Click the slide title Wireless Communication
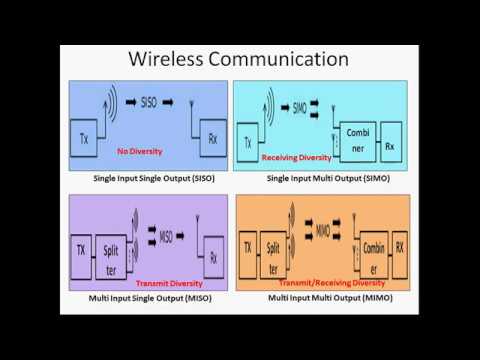[x=239, y=59]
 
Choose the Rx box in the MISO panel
[x=211, y=256]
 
